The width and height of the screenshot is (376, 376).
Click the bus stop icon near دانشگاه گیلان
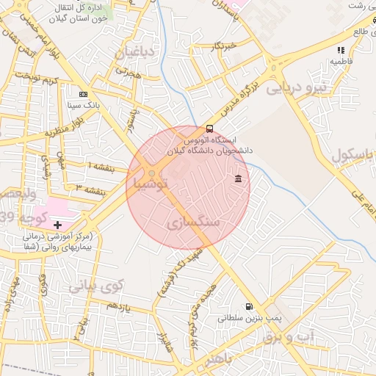coord(210,128)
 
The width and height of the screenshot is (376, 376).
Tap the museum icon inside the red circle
coord(239,179)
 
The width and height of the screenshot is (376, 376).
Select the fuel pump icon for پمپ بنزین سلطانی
coord(248,307)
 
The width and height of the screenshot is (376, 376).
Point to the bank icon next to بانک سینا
coord(82,94)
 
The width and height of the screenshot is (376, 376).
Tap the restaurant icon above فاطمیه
coord(340,49)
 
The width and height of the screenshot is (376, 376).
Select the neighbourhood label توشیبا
coord(151,180)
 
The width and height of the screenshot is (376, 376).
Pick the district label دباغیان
coord(135,52)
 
